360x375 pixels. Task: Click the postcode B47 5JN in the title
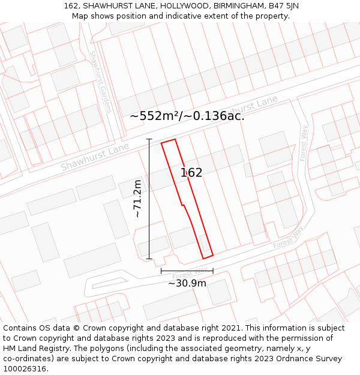281,6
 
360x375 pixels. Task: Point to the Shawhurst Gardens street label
100,82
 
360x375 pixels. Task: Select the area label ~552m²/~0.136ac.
187,116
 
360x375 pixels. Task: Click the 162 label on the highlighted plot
191,173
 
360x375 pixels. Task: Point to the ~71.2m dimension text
137,199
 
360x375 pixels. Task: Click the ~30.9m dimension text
187,283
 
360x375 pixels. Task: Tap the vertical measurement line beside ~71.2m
149,199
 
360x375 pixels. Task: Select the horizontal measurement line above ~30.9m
187,271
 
